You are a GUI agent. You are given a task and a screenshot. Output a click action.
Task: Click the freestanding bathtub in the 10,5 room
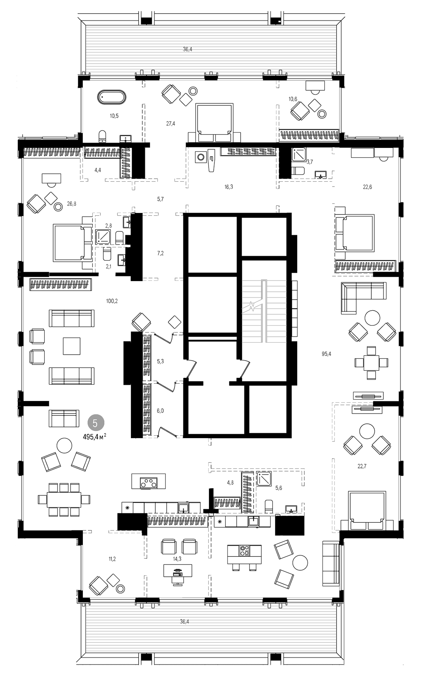(x=111, y=97)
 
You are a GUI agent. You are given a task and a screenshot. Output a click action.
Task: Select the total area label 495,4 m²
(x=94, y=436)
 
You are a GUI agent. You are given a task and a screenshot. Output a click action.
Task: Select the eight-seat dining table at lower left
(x=64, y=499)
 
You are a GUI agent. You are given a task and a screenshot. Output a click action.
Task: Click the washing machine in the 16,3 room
(x=200, y=157)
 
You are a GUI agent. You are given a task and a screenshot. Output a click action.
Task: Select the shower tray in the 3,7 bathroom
(x=299, y=155)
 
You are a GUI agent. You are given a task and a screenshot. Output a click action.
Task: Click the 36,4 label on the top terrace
(x=187, y=49)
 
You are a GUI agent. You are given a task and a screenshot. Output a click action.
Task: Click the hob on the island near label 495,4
(x=148, y=482)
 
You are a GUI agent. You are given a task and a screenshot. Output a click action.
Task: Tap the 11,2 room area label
(x=112, y=558)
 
